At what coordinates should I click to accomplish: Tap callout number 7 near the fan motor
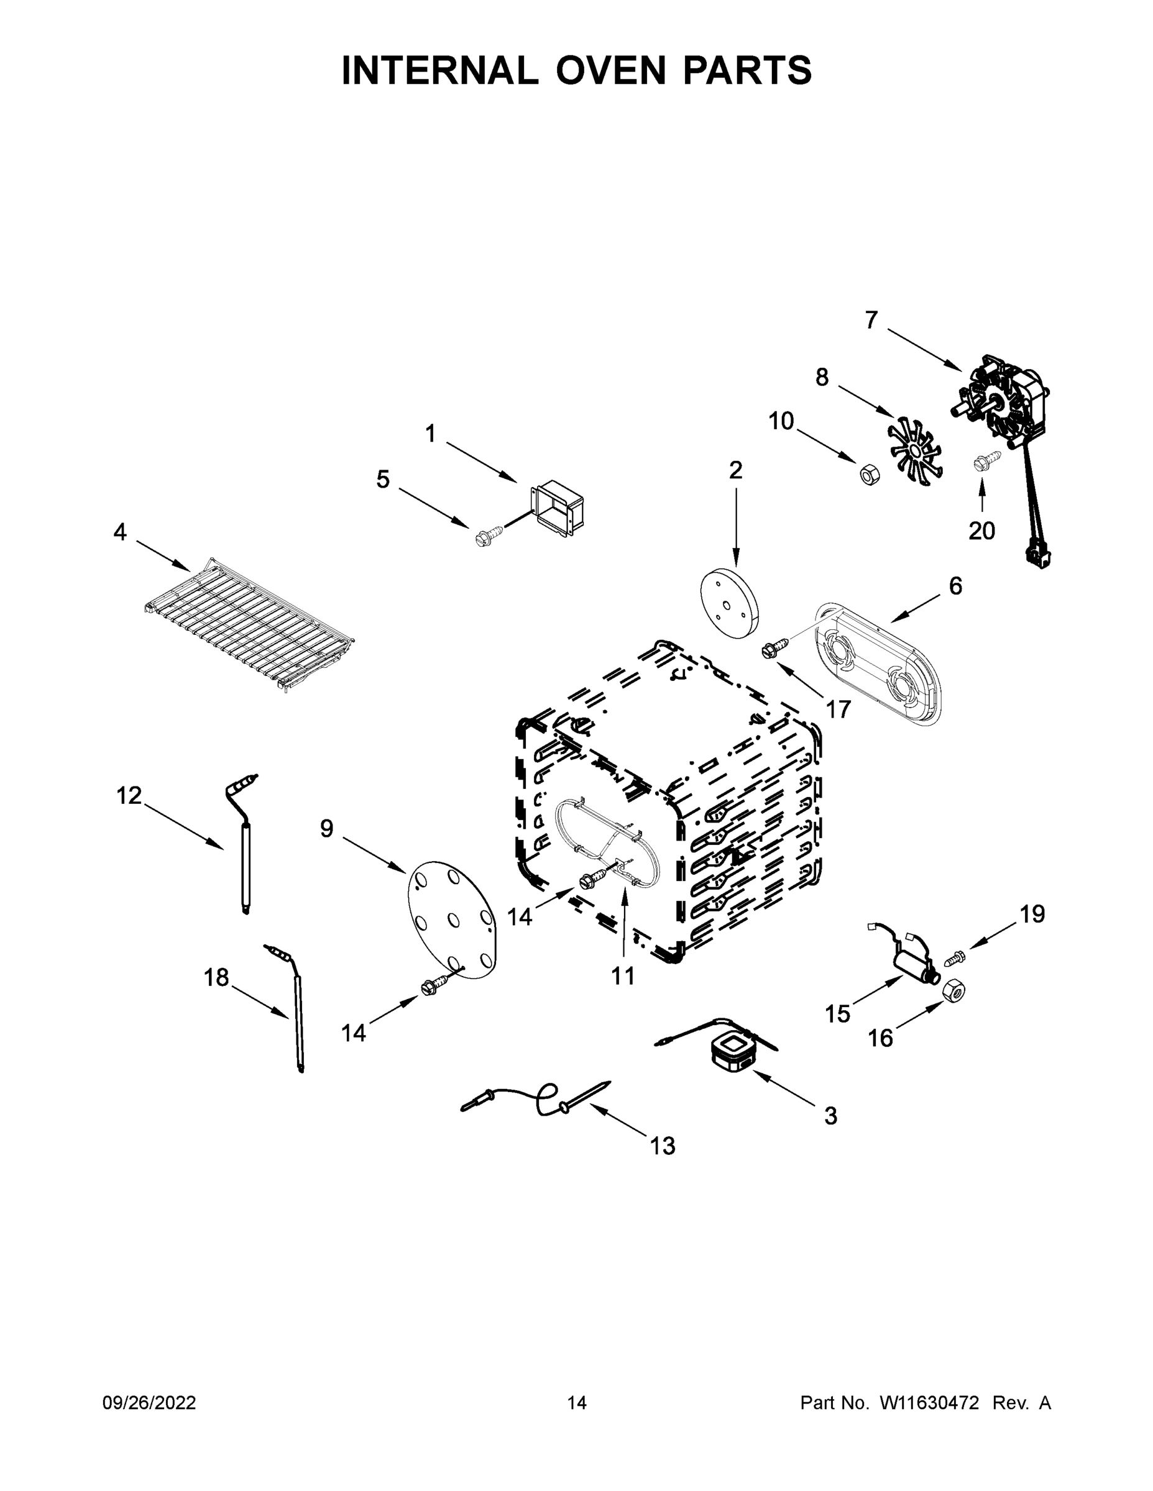coord(871,320)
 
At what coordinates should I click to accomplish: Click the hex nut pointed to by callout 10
coord(868,474)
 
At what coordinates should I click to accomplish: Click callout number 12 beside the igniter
coord(129,795)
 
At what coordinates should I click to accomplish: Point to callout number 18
coord(216,978)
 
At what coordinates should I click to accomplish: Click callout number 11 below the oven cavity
coord(623,976)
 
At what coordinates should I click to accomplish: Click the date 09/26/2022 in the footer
coord(149,1403)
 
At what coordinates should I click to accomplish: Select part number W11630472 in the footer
coord(929,1403)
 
